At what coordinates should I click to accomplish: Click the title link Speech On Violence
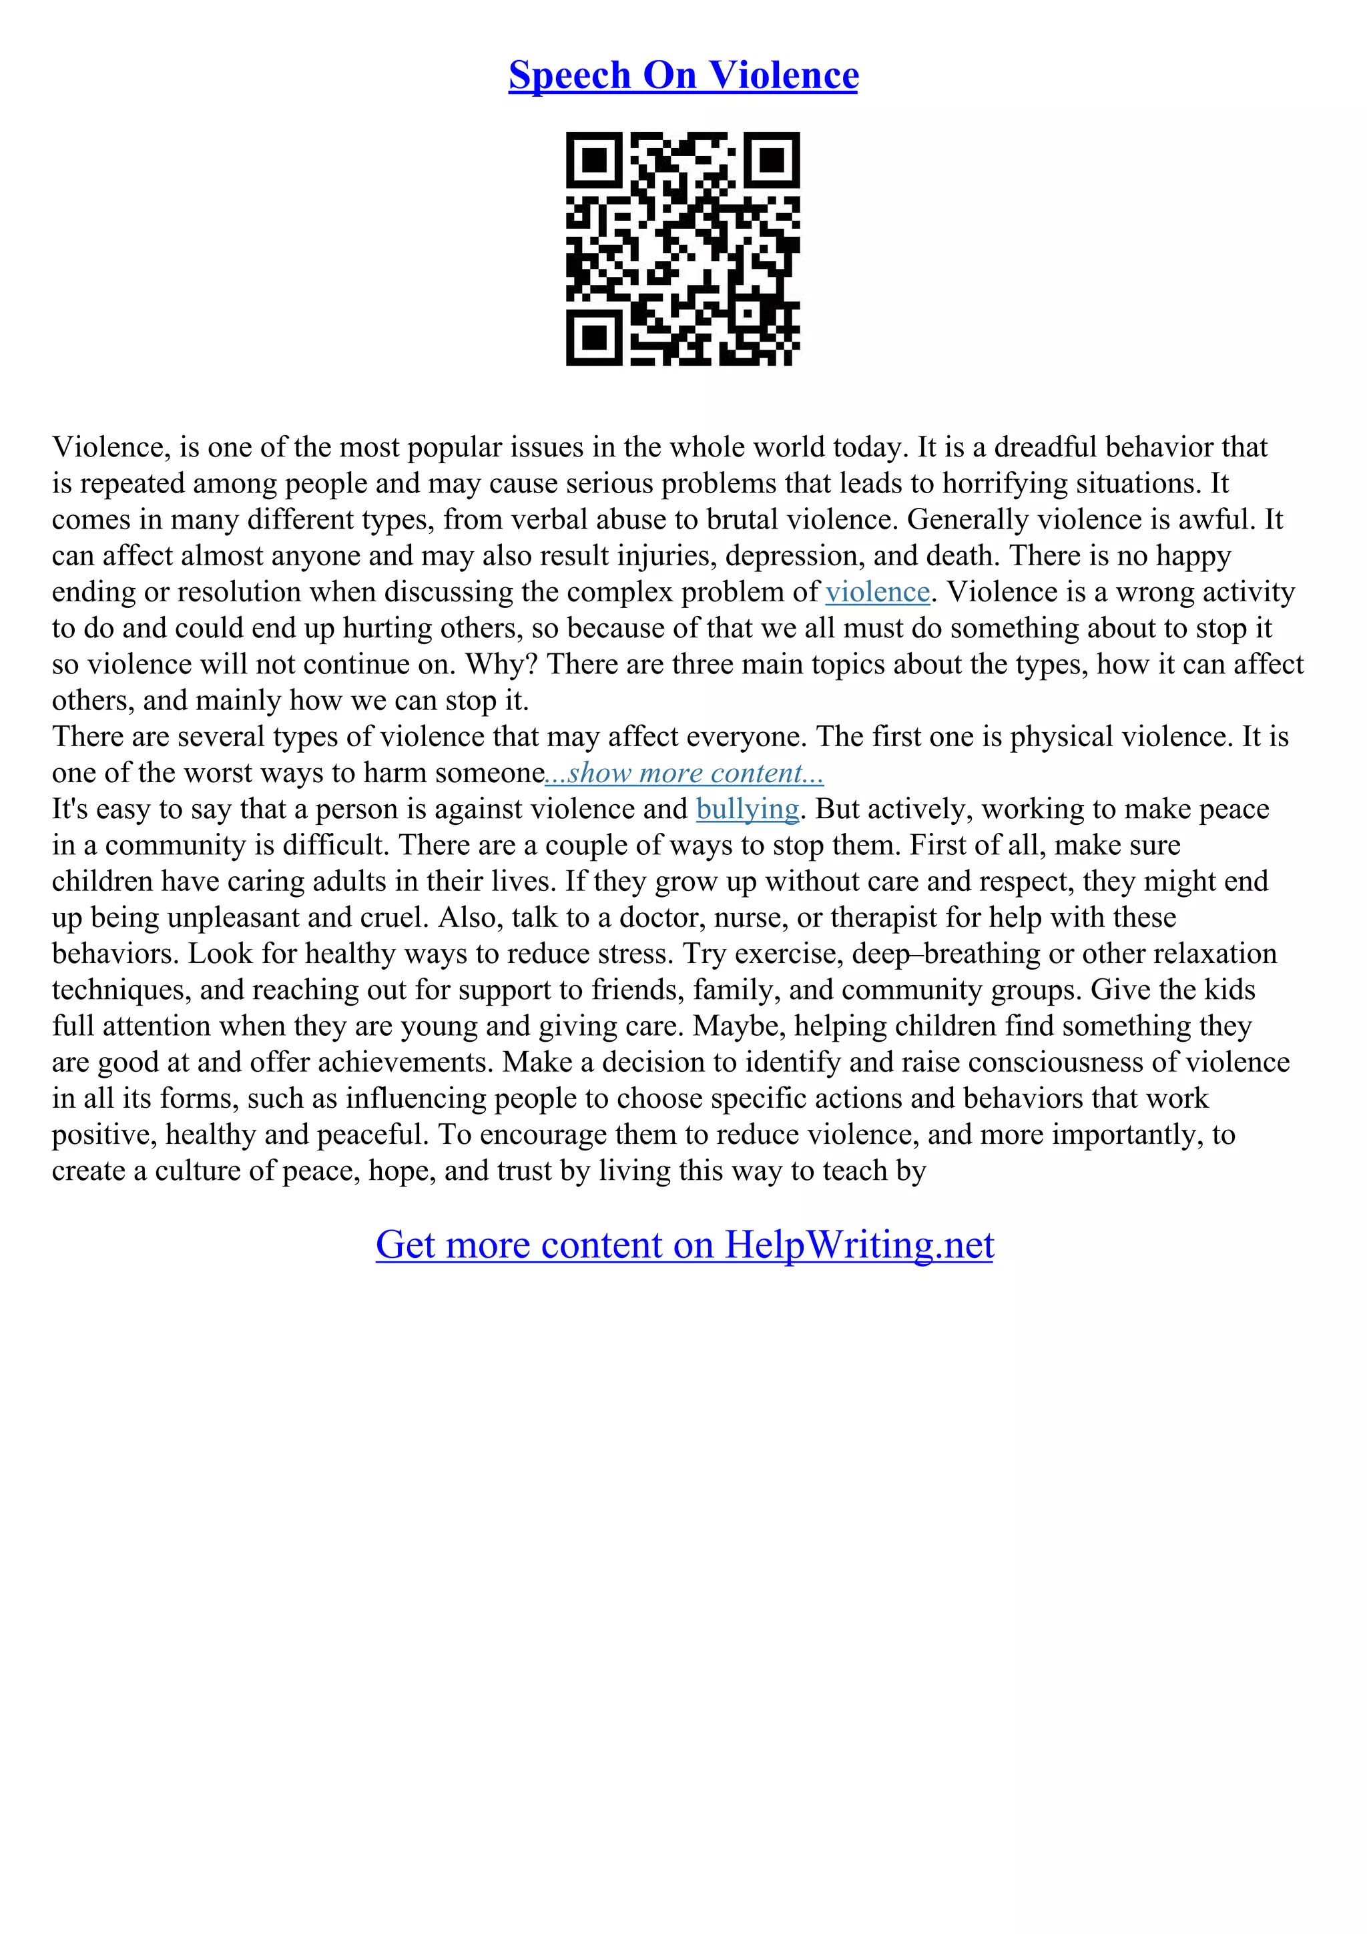pos(683,76)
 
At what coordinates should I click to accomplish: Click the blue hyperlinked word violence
pos(877,592)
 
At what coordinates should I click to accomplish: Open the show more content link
pos(685,773)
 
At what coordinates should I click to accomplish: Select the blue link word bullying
pos(747,810)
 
